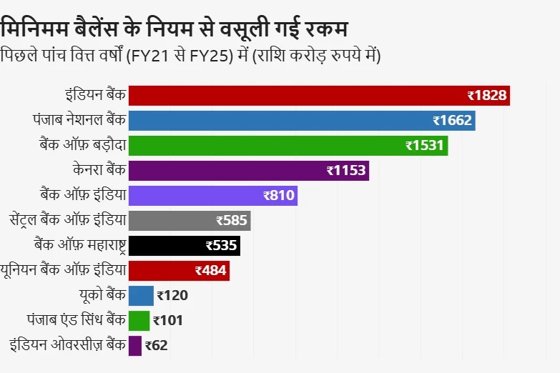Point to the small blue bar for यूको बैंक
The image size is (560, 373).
click(x=141, y=296)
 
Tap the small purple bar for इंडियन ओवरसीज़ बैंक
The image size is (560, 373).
click(x=135, y=346)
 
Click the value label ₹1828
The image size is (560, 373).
click(x=487, y=96)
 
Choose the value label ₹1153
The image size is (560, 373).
click(x=346, y=171)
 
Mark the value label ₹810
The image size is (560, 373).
click(x=279, y=196)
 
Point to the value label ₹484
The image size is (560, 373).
click(x=210, y=271)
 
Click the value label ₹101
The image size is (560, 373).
click(x=169, y=321)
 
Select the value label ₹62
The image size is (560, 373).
click(x=156, y=346)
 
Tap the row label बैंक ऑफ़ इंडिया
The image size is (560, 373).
click(x=83, y=194)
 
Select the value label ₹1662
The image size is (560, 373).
click(x=452, y=121)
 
